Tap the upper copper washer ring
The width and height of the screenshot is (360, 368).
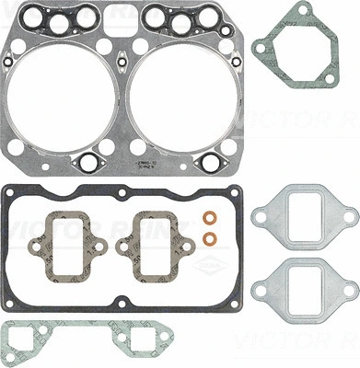coord(210,221)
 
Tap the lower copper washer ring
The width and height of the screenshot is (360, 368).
coord(210,240)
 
